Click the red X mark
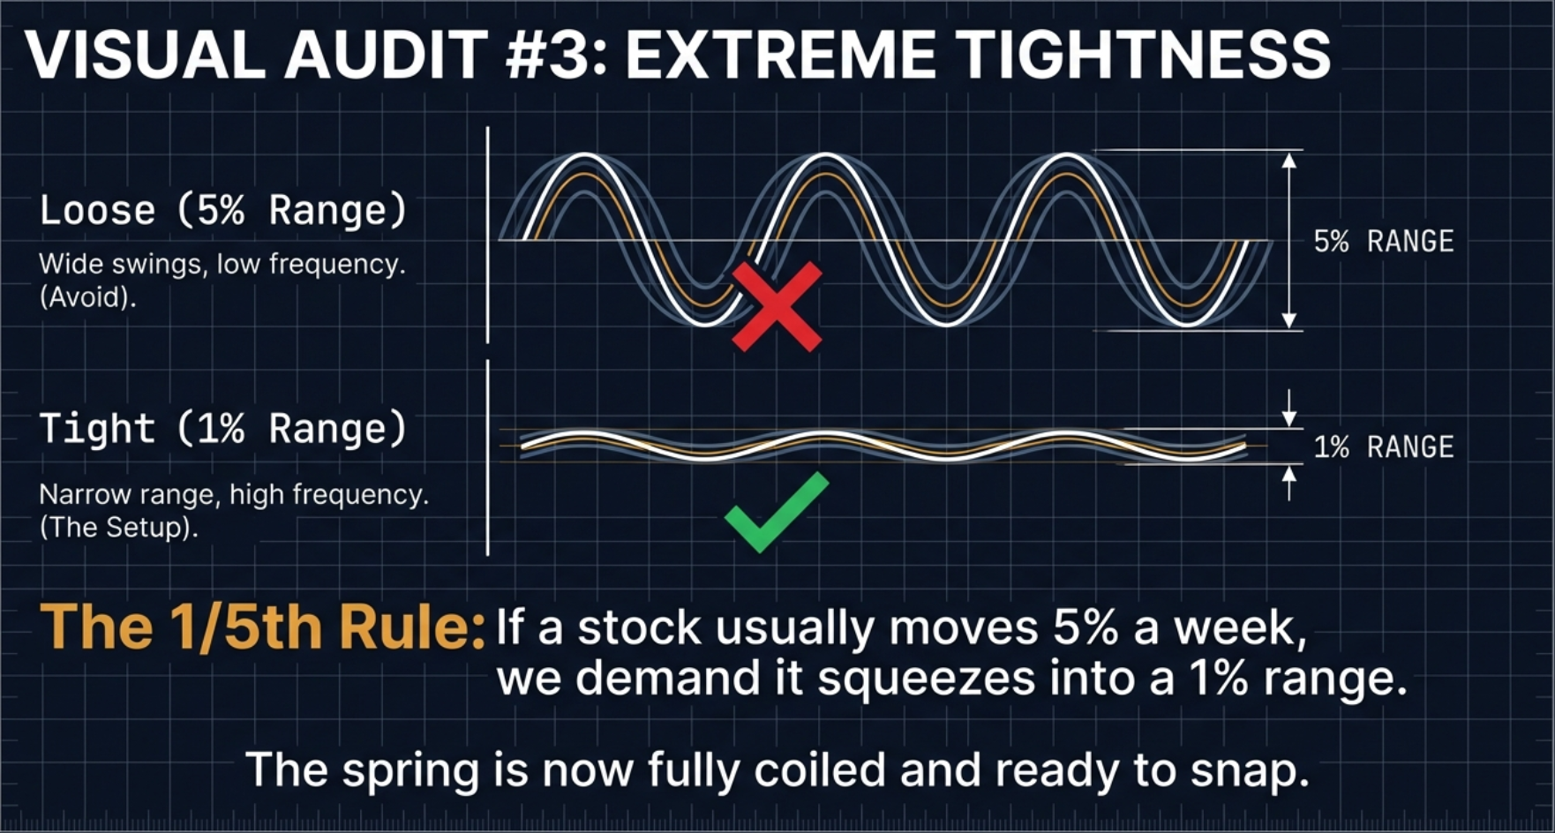point(777,306)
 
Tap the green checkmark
point(776,512)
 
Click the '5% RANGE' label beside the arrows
point(1383,241)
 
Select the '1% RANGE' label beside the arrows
point(1383,447)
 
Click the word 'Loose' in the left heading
point(97,211)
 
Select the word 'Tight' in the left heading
point(97,429)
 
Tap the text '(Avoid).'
point(87,297)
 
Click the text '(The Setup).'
point(118,528)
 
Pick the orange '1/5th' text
point(237,627)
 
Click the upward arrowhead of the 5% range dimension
point(1289,161)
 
